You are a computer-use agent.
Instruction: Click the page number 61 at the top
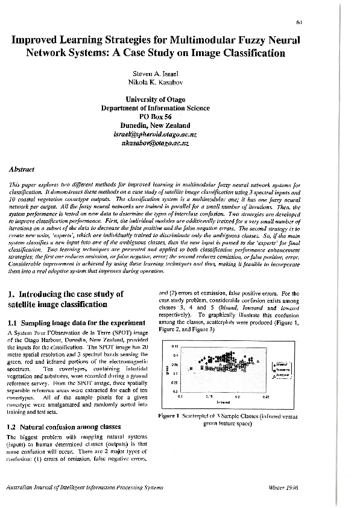coord(349,22)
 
